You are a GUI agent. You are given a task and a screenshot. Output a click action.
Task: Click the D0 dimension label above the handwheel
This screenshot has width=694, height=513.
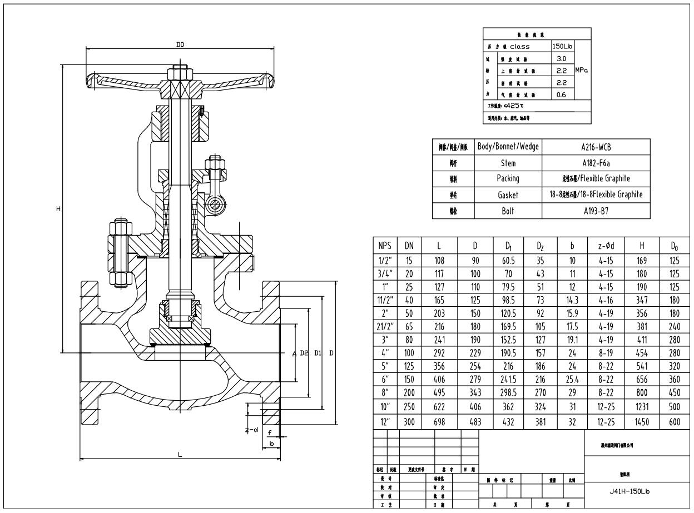pyautogui.click(x=180, y=44)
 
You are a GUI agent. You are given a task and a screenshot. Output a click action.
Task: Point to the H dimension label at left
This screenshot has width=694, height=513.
pyautogui.click(x=58, y=208)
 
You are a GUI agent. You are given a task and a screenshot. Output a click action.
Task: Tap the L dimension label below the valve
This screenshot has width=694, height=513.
pyautogui.click(x=180, y=455)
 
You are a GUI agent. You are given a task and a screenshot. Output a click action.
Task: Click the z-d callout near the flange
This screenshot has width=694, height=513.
pyautogui.click(x=252, y=430)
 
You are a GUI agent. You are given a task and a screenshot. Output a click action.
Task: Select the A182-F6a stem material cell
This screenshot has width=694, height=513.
pyautogui.click(x=596, y=163)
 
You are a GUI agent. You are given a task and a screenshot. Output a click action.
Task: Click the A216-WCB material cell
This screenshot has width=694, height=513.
pyautogui.click(x=596, y=147)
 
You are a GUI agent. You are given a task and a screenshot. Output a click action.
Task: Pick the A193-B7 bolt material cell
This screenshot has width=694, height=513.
pyautogui.click(x=596, y=211)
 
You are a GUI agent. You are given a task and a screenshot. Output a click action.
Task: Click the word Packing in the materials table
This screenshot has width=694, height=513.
pyautogui.click(x=508, y=178)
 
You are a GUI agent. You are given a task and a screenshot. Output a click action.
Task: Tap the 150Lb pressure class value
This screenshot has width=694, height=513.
pyautogui.click(x=562, y=47)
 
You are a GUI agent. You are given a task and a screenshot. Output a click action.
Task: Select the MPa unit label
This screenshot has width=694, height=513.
pyautogui.click(x=582, y=71)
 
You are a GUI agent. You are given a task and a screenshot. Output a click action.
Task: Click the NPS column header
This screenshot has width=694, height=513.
pyautogui.click(x=385, y=245)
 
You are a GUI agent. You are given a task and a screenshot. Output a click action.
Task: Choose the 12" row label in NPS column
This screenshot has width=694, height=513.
pyautogui.click(x=385, y=421)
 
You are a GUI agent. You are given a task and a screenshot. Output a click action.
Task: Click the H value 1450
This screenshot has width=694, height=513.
pyautogui.click(x=642, y=421)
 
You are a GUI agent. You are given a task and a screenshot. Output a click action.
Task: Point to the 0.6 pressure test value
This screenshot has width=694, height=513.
pyautogui.click(x=562, y=94)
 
